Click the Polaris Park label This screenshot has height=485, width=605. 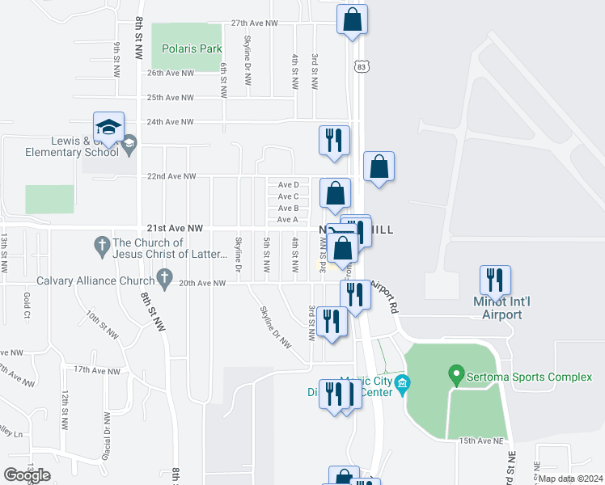click(192, 48)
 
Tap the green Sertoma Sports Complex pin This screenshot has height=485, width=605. click(455, 376)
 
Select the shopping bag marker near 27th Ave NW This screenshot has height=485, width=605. click(353, 21)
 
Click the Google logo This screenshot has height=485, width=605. click(27, 474)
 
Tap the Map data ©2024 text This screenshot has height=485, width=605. click(570, 479)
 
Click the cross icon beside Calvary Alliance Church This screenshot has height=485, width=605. click(164, 281)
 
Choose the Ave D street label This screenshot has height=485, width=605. click(288, 185)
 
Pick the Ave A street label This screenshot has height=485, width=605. click(288, 219)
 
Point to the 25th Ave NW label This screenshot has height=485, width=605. click(170, 98)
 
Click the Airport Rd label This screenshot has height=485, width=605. click(384, 297)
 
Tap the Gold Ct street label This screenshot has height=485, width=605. click(27, 303)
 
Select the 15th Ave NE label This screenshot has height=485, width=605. click(470, 441)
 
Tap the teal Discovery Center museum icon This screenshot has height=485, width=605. click(404, 382)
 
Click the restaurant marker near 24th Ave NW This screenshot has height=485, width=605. click(333, 141)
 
